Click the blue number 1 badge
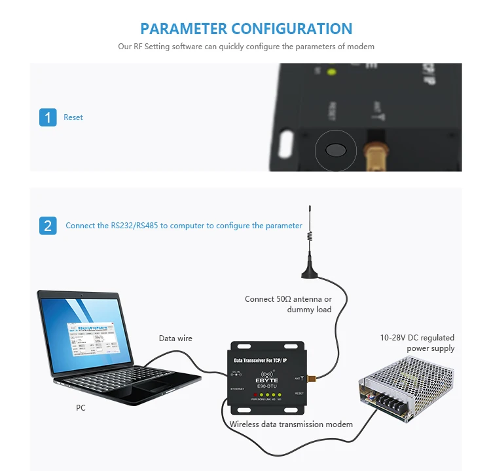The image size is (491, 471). click(48, 117)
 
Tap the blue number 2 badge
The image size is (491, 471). click(48, 225)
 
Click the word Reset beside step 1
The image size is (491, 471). click(73, 117)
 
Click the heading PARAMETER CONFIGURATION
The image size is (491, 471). click(246, 29)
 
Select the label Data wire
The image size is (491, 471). click(175, 338)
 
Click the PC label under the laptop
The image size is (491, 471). click(81, 407)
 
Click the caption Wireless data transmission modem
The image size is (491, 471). click(291, 424)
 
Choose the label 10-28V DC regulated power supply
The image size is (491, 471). click(417, 343)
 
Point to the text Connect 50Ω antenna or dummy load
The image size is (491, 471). click(288, 304)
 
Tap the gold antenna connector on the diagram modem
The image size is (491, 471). click(314, 378)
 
